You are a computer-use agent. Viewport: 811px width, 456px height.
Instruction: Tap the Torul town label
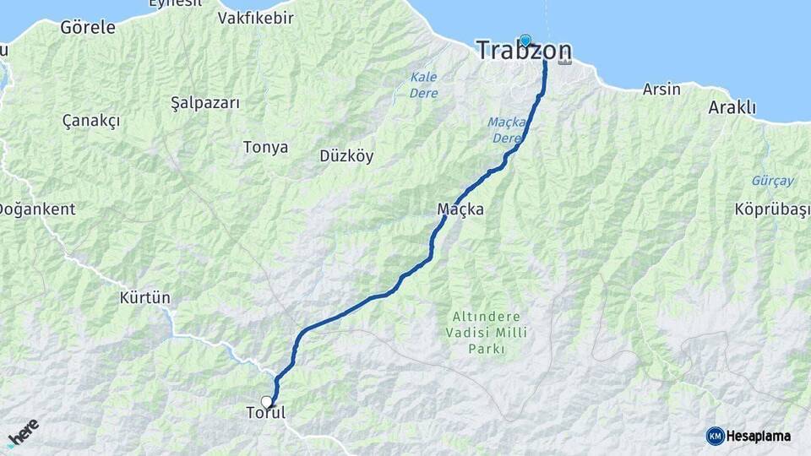tap(265, 414)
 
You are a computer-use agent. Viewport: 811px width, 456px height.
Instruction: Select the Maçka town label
tap(460, 209)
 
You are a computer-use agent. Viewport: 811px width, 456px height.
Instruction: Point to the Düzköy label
tap(346, 155)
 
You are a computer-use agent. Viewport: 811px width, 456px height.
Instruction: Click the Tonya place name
tap(265, 148)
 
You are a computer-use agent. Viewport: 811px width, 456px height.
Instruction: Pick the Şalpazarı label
tap(205, 103)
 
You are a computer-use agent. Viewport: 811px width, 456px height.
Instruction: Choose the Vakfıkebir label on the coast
tap(255, 18)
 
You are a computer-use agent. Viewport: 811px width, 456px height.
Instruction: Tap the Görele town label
tap(88, 27)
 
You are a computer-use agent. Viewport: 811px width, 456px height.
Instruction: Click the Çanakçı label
tap(91, 121)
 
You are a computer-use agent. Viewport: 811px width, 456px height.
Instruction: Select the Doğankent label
tap(38, 209)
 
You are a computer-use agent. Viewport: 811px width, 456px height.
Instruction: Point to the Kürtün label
tap(144, 298)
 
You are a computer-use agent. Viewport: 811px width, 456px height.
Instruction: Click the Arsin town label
tap(661, 89)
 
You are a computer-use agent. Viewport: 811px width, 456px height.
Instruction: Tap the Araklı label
tap(732, 108)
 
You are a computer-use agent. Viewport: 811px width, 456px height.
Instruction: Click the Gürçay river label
tap(772, 181)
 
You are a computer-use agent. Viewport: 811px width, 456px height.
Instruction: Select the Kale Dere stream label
tap(423, 84)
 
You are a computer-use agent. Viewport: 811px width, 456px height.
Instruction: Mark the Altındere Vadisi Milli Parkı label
tap(487, 332)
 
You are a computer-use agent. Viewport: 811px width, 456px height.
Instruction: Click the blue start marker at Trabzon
tap(525, 40)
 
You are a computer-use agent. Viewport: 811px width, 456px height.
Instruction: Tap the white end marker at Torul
tap(267, 402)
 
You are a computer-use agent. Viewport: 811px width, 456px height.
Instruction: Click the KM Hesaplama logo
tap(748, 436)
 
